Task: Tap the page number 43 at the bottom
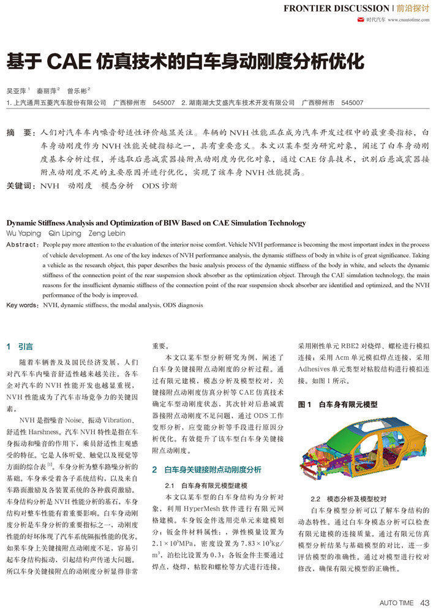(x=424, y=603)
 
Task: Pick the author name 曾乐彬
(x=77, y=90)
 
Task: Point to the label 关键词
(x=19, y=185)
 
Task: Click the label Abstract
(x=21, y=244)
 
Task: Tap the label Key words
(x=22, y=304)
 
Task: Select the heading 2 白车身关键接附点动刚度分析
(x=206, y=470)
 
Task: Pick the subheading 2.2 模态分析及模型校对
(x=347, y=498)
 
